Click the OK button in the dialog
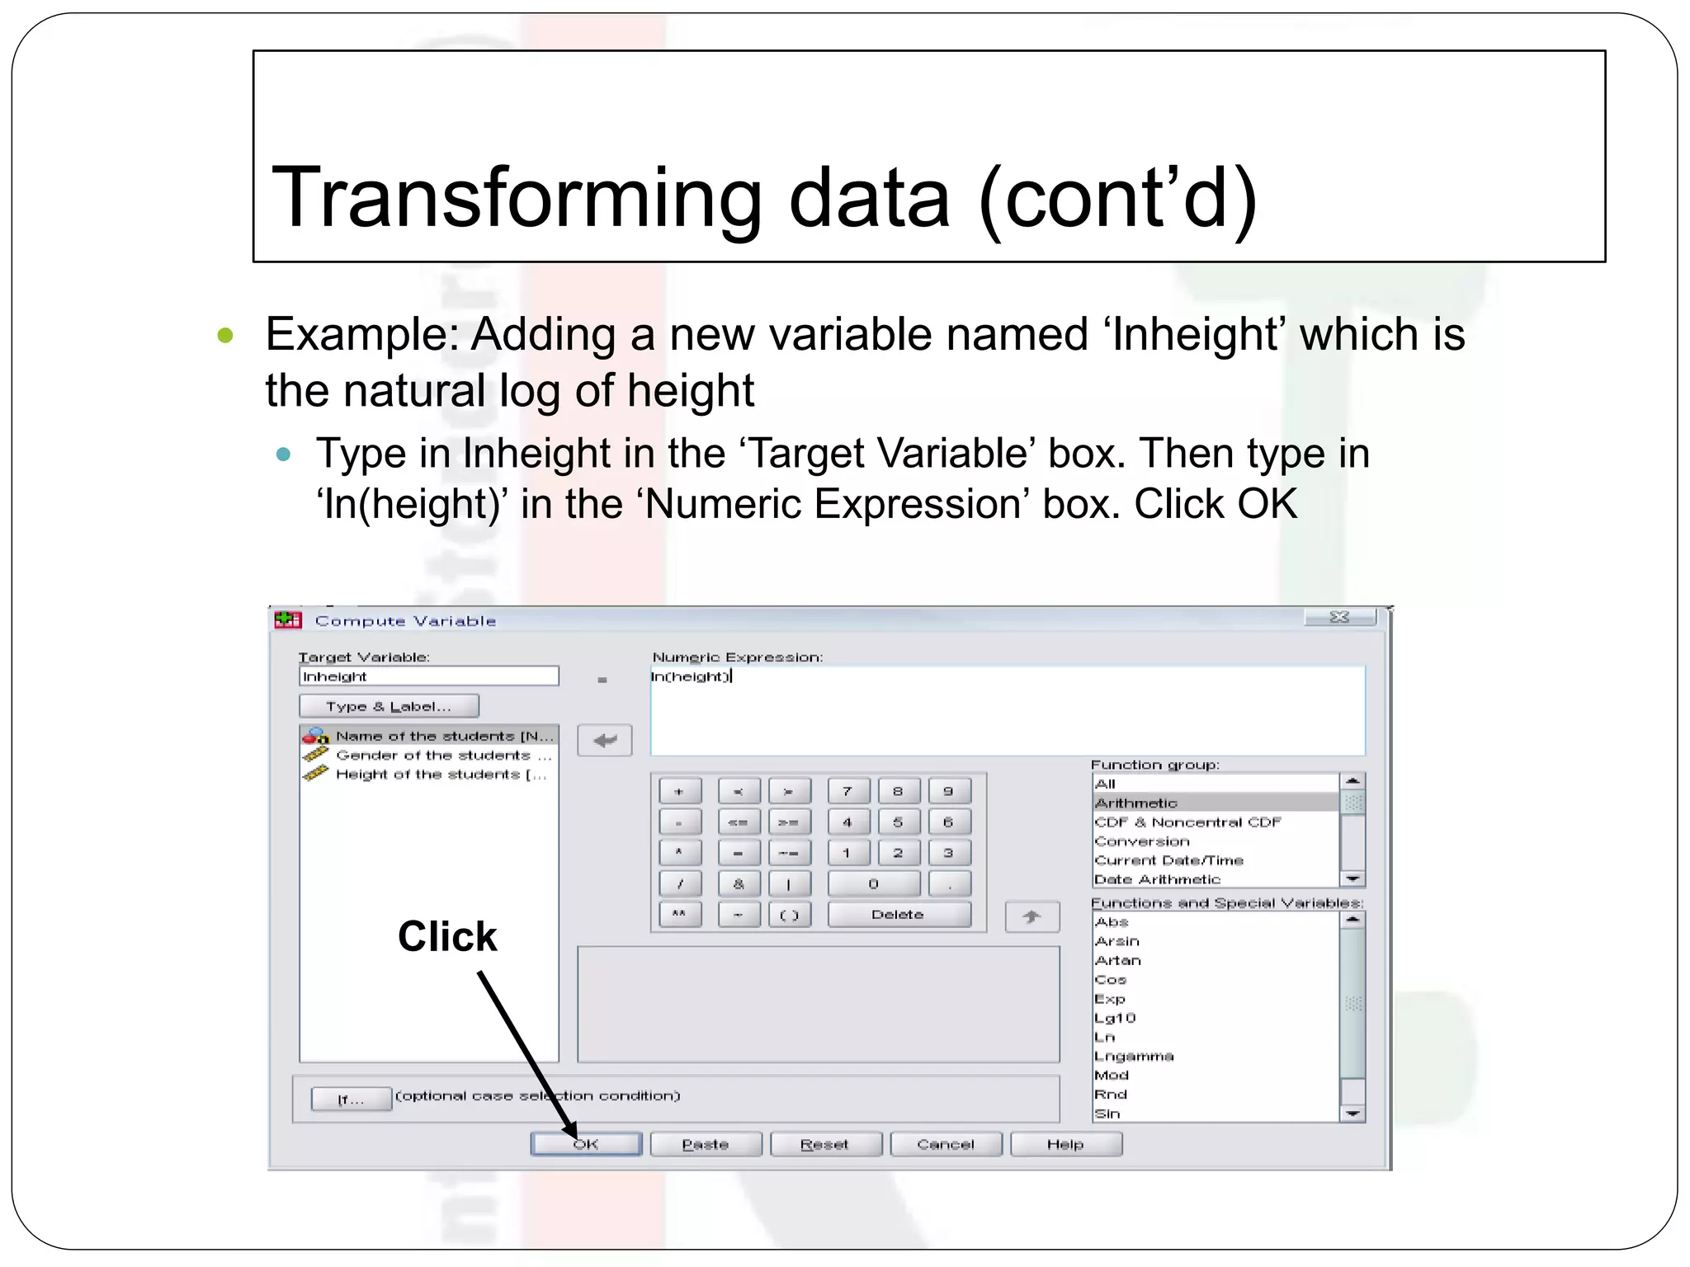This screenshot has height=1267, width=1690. [586, 1144]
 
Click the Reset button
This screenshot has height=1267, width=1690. [825, 1144]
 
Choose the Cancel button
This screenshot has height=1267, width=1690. [946, 1144]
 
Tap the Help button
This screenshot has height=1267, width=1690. [1065, 1144]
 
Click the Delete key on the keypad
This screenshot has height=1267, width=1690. [898, 914]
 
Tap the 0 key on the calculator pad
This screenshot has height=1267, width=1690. [873, 883]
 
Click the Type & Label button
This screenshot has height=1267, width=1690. [389, 706]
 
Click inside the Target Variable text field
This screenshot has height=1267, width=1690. [429, 676]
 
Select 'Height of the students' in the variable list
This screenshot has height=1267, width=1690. [439, 775]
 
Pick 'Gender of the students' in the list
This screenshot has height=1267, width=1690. [439, 755]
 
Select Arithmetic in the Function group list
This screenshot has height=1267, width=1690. [1136, 803]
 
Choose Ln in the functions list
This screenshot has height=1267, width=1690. [1105, 1037]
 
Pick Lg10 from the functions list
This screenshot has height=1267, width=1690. [1115, 1018]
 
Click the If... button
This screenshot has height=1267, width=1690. [351, 1099]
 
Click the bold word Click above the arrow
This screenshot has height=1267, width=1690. [447, 936]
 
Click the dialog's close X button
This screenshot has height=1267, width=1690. [1339, 617]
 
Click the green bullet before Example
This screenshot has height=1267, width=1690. [225, 336]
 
